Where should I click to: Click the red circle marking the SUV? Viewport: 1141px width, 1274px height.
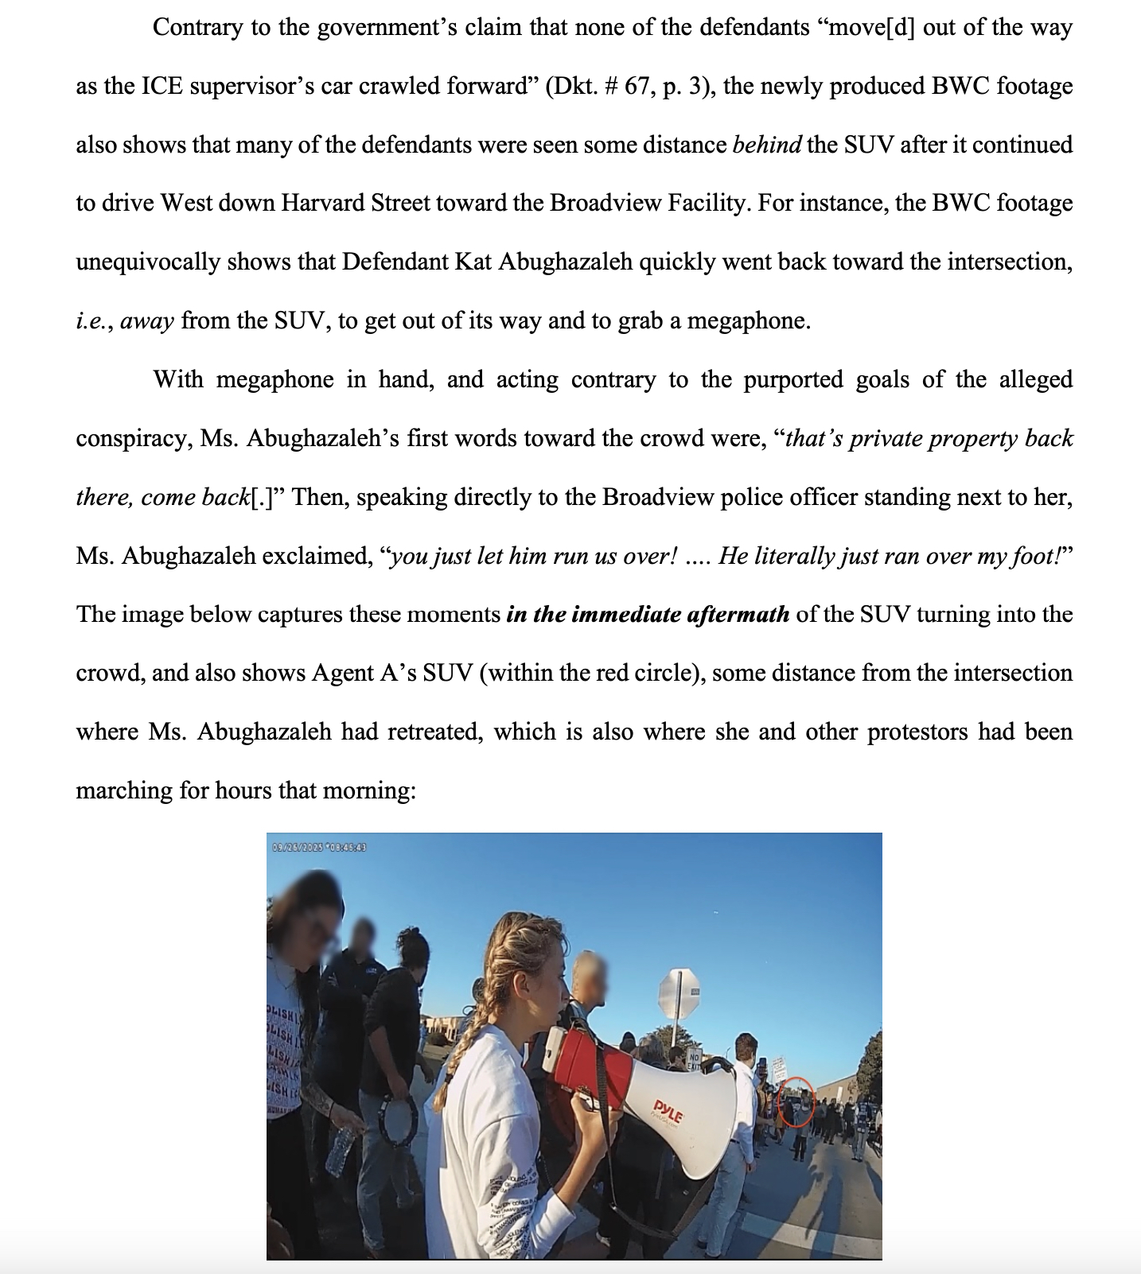(x=796, y=1101)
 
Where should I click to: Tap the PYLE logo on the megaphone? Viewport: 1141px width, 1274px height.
(x=668, y=1110)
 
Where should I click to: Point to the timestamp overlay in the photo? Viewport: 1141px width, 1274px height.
(x=319, y=847)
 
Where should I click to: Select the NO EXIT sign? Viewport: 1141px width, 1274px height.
(x=694, y=1062)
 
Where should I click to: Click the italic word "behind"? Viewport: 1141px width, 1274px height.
(x=766, y=145)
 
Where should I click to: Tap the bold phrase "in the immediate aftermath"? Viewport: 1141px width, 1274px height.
(x=648, y=614)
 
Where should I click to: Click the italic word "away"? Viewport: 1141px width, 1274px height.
(x=147, y=321)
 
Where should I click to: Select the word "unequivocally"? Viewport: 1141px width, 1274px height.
(x=149, y=262)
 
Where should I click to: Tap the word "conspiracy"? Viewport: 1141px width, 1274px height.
(x=130, y=439)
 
